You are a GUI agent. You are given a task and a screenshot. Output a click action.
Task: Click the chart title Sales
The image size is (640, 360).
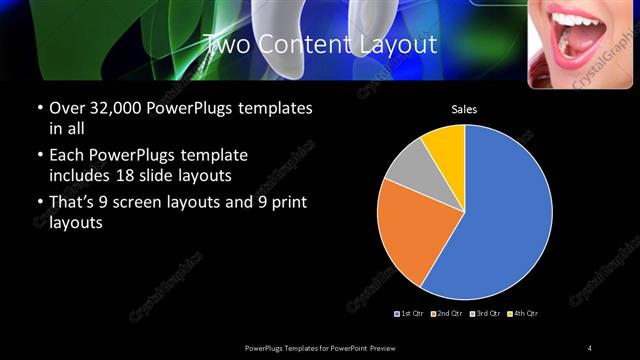coord(464,109)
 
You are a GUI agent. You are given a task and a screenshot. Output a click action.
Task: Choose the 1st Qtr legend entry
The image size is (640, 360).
coord(411,314)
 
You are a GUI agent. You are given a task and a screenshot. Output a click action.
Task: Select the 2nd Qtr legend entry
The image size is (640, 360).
coord(447,314)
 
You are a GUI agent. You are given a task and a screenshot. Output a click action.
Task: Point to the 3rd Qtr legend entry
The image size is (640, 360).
coord(484,314)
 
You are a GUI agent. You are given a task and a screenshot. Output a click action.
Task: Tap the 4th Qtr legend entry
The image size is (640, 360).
coord(522,314)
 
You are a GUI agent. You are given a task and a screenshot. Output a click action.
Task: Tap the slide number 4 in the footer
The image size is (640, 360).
coord(590,347)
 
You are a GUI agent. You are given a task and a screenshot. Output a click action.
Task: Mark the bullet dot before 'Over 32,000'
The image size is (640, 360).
coord(39,108)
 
